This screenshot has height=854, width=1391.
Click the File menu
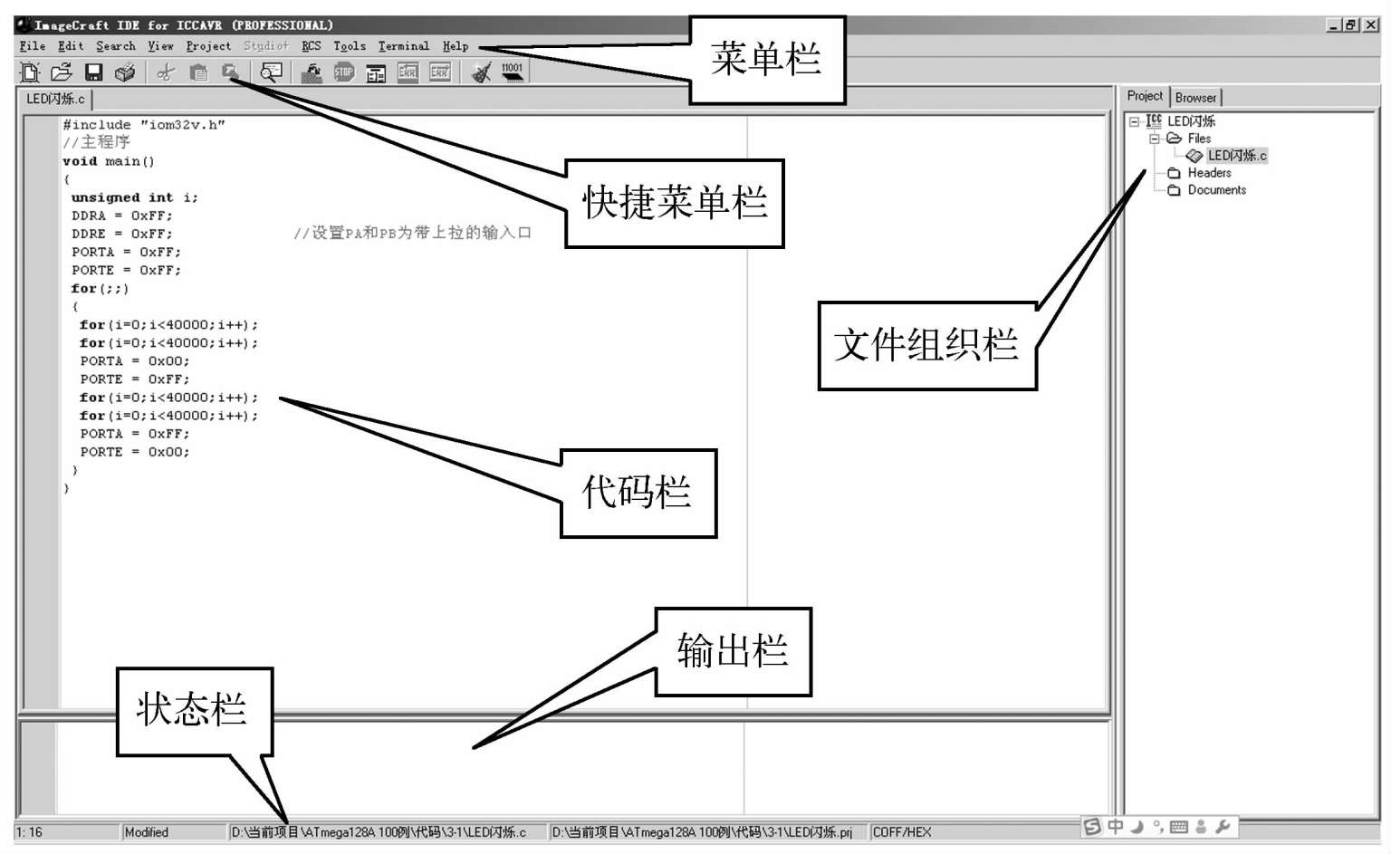(33, 46)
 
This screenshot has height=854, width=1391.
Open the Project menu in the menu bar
(208, 46)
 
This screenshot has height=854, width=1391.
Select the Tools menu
(350, 46)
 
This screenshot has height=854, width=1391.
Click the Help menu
(456, 46)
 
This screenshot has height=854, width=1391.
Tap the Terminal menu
(404, 46)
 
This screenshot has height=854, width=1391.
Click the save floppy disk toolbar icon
(93, 72)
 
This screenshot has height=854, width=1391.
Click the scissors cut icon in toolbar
(165, 72)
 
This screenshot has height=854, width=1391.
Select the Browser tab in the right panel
(1195, 98)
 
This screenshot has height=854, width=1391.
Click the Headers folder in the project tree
(1209, 173)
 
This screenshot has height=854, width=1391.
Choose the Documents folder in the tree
(1216, 190)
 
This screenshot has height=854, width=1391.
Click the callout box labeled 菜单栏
(766, 60)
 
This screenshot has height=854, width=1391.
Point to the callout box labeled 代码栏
(638, 493)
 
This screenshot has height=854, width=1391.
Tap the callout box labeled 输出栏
(733, 651)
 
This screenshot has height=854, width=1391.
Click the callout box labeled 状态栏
(193, 710)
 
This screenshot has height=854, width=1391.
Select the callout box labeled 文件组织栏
(926, 345)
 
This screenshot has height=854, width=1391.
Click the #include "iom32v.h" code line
(144, 125)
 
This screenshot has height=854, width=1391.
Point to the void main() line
(109, 161)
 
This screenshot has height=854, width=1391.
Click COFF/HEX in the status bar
(902, 832)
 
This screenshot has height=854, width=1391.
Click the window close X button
(1371, 25)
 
